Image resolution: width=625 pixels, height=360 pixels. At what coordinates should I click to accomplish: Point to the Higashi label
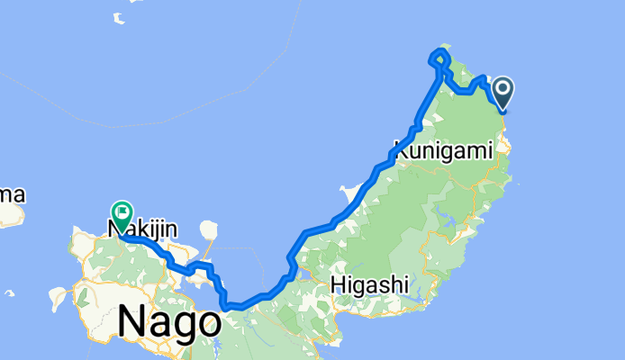[370, 284]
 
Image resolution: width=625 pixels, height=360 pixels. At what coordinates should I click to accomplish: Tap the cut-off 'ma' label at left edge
[12, 194]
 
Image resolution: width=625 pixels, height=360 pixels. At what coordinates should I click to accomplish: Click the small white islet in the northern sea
[119, 16]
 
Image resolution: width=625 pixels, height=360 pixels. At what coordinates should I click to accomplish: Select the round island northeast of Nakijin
[209, 229]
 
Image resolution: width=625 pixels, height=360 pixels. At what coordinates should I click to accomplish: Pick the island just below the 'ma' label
[11, 215]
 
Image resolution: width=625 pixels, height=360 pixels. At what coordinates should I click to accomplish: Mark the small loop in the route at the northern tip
[440, 57]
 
